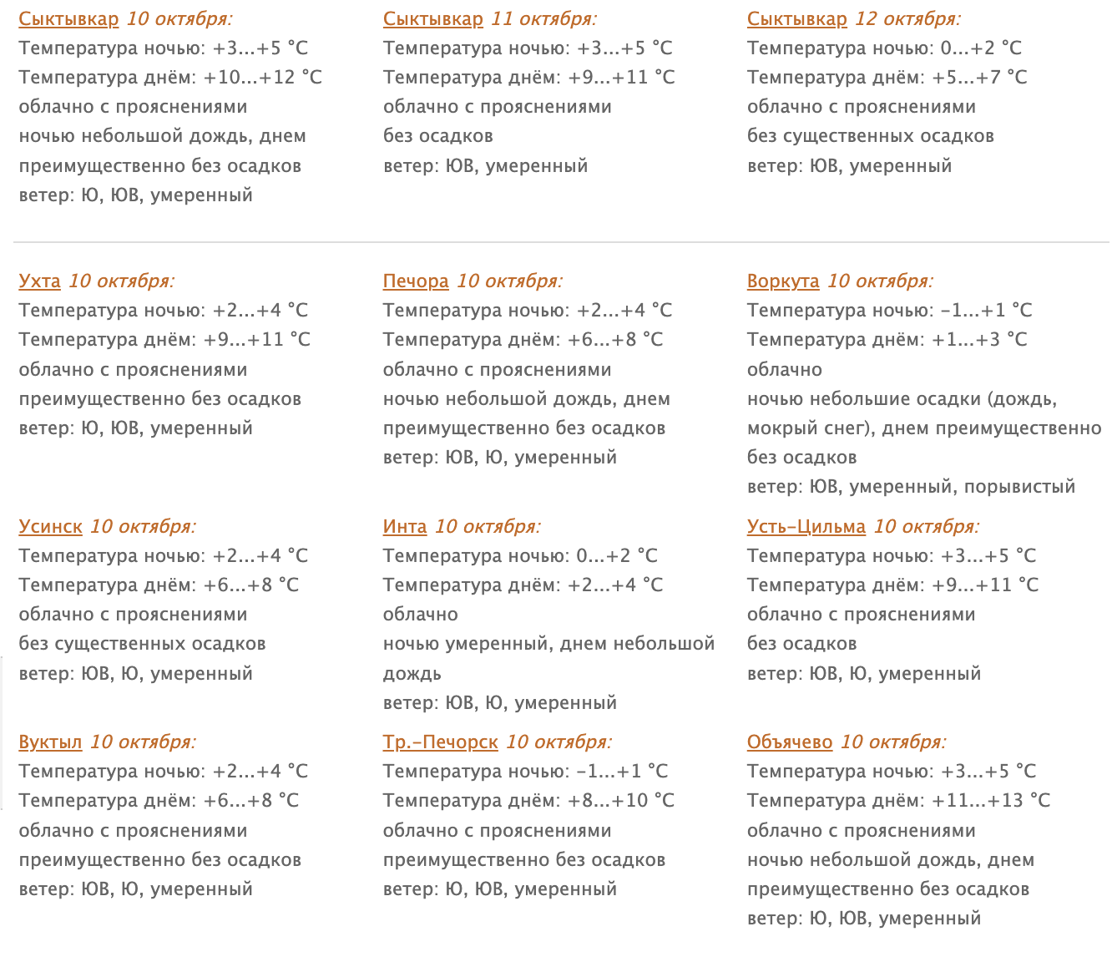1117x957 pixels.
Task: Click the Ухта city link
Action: [39, 281]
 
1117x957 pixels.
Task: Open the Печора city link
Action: [416, 281]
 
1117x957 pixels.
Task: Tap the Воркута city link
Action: [783, 281]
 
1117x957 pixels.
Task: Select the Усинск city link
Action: [50, 527]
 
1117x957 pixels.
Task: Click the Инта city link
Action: [405, 527]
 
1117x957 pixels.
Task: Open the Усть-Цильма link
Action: [806, 527]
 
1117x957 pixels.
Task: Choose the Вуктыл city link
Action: [50, 742]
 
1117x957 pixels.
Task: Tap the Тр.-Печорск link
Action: [440, 742]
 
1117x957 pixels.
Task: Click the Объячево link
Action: [790, 742]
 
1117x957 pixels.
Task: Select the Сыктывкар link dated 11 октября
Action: [433, 19]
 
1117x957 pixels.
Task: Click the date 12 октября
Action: [907, 19]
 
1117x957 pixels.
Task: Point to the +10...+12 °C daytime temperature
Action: [263, 78]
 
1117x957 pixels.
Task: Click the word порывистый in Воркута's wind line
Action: [1019, 487]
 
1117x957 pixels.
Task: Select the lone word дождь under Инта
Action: [412, 674]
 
